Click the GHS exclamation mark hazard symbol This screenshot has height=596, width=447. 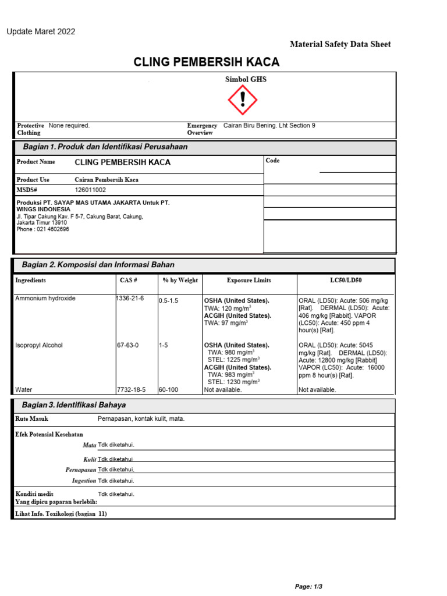pos(242,100)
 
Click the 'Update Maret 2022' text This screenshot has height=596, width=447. pos(41,31)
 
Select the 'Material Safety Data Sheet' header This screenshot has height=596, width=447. pos(340,44)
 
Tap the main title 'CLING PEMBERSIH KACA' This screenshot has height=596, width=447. pos(207,62)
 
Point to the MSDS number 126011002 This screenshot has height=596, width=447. pos(91,190)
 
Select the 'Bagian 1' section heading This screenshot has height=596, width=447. pos(105,147)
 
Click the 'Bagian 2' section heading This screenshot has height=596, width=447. pos(98,264)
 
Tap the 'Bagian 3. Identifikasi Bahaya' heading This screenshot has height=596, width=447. pos(73,405)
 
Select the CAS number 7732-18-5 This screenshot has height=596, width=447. pos(131,390)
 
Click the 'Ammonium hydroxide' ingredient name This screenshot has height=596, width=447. pos(45,298)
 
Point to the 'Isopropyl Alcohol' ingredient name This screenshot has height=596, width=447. pos(39,345)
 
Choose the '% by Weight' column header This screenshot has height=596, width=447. pos(180,281)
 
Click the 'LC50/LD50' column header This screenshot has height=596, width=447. pos(346,281)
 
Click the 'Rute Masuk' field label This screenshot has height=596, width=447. pos(32,418)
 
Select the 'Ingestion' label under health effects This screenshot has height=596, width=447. pos(83,481)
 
